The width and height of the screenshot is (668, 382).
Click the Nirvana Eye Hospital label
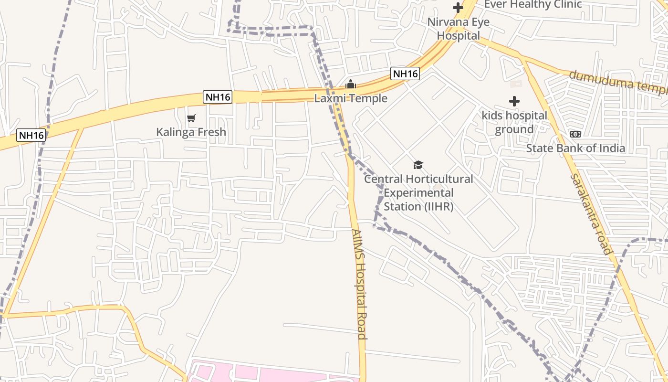[x=458, y=29]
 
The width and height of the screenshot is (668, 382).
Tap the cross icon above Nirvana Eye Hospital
[x=458, y=8]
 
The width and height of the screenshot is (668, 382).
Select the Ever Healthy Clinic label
[x=533, y=4]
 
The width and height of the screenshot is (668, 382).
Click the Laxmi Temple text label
[x=351, y=98]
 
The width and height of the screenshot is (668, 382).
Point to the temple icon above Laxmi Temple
[x=351, y=85]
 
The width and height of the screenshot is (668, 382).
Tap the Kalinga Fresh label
[x=191, y=132]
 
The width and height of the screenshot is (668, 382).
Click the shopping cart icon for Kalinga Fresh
[x=191, y=118]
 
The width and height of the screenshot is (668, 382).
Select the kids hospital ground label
[x=514, y=122]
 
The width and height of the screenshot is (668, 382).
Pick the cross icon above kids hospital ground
[x=514, y=101]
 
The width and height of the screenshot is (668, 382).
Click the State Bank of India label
[x=575, y=148]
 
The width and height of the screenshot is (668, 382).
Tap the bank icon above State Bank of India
[x=575, y=134]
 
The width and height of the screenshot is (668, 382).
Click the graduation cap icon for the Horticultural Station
[x=418, y=165]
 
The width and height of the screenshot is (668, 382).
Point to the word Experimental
[x=418, y=193]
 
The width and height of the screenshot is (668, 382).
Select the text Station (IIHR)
[x=418, y=207]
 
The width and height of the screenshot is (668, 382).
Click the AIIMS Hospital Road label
[x=359, y=284]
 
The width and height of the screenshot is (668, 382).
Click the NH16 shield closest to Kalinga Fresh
[x=218, y=97]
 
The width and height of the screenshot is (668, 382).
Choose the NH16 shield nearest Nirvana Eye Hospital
[x=405, y=74]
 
